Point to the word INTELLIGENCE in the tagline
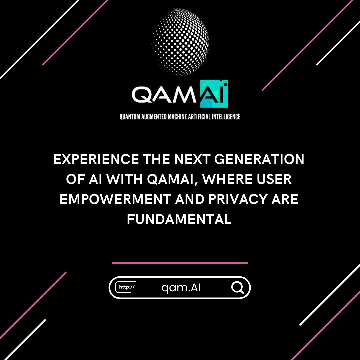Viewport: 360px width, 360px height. (x=226, y=117)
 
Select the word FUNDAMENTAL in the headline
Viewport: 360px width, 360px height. (x=179, y=220)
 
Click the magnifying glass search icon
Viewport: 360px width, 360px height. (x=238, y=287)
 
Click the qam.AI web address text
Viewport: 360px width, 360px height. (x=181, y=288)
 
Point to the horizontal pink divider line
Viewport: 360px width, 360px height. (x=180, y=263)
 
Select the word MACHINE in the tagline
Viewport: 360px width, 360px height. (x=175, y=117)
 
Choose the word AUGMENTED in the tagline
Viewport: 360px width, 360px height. (x=153, y=117)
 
